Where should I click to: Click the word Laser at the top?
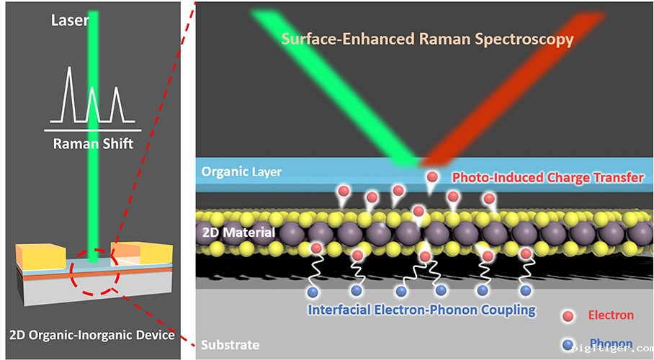pos(69,20)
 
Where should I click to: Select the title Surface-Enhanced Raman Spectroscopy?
pos(427,39)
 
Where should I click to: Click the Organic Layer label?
pos(241,172)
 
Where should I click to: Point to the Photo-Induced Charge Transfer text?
pos(547,177)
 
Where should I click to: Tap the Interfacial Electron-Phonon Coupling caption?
pos(422,310)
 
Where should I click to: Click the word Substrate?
pos(230,344)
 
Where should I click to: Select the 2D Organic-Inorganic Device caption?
pos(93,335)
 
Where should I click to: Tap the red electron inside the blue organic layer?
pos(432,177)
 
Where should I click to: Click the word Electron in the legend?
pos(611,315)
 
